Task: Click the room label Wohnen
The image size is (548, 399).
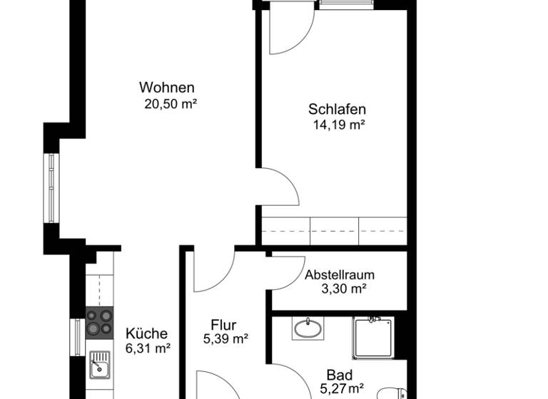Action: click(167, 88)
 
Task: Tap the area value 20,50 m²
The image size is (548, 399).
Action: click(171, 104)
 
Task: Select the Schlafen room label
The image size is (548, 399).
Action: click(338, 109)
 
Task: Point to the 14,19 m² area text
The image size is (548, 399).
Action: click(339, 125)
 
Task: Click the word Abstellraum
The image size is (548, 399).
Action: click(340, 275)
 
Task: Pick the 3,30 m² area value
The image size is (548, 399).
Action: click(340, 289)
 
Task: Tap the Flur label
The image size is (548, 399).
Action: click(223, 325)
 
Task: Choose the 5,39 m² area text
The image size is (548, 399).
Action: click(225, 340)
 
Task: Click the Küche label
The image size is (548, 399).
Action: click(146, 333)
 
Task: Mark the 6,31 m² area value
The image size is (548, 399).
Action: click(148, 348)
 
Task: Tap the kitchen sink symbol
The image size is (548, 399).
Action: click(100, 367)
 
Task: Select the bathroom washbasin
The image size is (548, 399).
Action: click(308, 328)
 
